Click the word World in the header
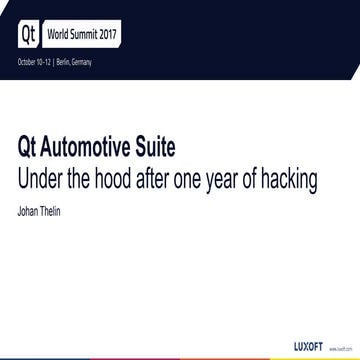tap(59, 33)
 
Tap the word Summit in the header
tap(89, 33)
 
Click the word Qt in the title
tap(29, 147)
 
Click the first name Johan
tap(30, 210)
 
